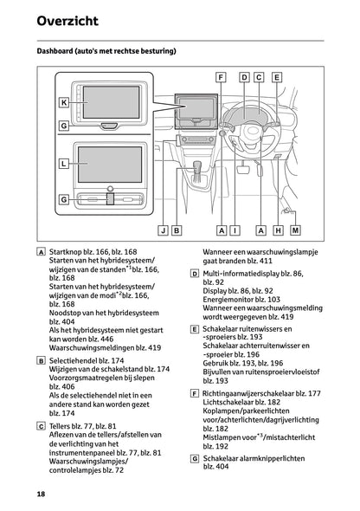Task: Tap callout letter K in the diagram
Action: pos(63,102)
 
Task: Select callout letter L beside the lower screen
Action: pos(63,162)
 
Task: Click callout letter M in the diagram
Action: pos(296,230)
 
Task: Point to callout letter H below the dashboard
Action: pos(278,230)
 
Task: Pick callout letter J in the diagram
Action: pos(163,230)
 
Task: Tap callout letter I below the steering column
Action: pos(235,230)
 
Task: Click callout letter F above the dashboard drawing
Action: pos(222,77)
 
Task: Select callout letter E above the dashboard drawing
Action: pos(277,77)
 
